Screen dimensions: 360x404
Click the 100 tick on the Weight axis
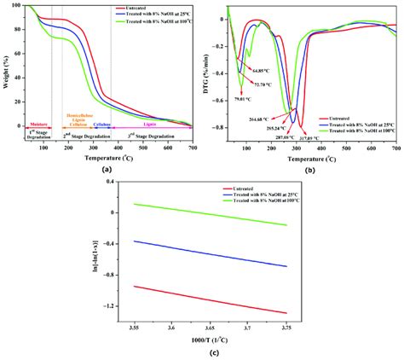click(19, 7)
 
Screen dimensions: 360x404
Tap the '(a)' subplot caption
click(107, 168)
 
